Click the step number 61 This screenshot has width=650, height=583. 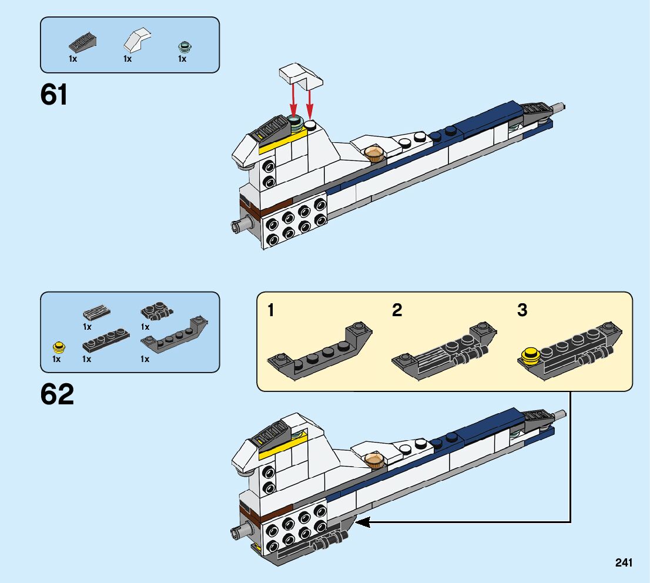(x=54, y=95)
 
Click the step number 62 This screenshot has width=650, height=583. (x=57, y=394)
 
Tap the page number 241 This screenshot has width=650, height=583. (x=624, y=563)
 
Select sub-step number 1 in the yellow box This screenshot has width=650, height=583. (x=270, y=310)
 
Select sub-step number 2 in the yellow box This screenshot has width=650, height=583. (x=397, y=310)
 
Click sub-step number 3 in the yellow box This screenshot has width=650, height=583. (x=522, y=310)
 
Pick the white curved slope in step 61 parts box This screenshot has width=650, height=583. (x=136, y=41)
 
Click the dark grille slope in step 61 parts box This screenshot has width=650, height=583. (x=82, y=43)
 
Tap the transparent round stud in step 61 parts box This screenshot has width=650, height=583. (x=185, y=47)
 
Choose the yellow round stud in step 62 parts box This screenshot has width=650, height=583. (x=58, y=346)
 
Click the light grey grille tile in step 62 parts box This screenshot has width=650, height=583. (x=97, y=312)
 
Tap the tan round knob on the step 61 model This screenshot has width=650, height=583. (x=374, y=154)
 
